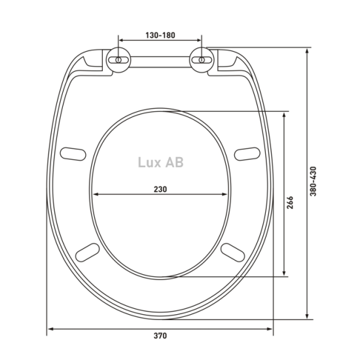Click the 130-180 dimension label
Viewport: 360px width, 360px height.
[160, 35]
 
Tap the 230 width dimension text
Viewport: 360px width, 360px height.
[160, 189]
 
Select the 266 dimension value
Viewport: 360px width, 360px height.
[290, 202]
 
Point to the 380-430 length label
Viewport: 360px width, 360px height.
[313, 181]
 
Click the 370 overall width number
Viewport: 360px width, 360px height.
[160, 336]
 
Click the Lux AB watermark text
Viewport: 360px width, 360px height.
[161, 162]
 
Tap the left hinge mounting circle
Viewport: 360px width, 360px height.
[118, 60]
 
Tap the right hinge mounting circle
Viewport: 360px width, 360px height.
[202, 60]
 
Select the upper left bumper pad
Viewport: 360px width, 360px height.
[73, 154]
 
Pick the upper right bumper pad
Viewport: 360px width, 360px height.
[247, 154]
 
